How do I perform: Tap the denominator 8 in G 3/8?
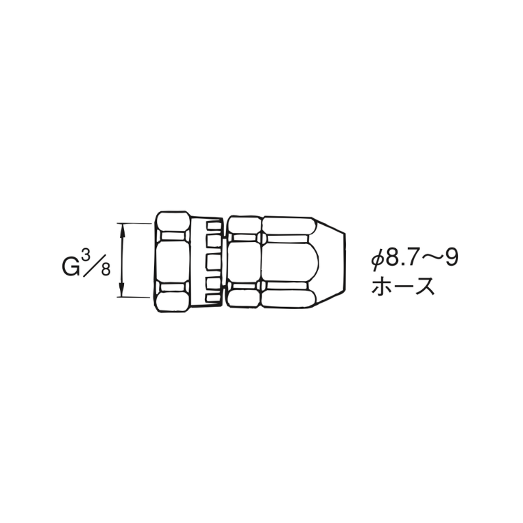click(106, 269)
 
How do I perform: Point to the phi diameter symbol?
click(377, 258)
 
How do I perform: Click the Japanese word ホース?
click(403, 286)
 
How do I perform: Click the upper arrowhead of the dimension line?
click(123, 230)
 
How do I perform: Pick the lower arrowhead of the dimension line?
click(123, 289)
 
